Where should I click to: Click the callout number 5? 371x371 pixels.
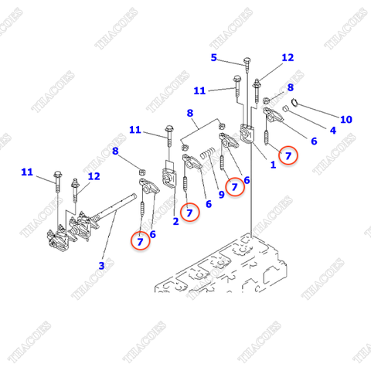click(214, 57)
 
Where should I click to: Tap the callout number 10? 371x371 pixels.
click(346, 119)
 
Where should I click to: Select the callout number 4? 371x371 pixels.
click(333, 131)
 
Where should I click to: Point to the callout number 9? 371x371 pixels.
click(222, 195)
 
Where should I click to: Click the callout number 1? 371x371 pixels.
click(273, 165)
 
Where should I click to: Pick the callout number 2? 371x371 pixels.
click(175, 221)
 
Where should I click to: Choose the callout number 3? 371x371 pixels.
click(101, 265)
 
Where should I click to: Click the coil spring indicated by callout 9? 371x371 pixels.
click(208, 154)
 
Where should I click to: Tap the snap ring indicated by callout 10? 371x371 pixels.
click(294, 103)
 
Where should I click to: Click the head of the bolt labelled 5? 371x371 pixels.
click(247, 61)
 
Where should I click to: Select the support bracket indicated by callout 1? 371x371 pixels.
click(247, 133)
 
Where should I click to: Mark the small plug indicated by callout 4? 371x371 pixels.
click(285, 109)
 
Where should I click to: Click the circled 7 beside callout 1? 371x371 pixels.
click(288, 155)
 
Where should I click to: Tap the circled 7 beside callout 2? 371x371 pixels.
click(189, 213)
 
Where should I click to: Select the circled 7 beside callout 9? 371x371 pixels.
click(234, 187)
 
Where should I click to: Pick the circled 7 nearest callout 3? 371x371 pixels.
click(140, 241)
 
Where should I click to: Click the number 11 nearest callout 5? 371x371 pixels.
click(199, 90)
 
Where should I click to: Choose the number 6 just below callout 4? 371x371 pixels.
click(314, 141)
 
